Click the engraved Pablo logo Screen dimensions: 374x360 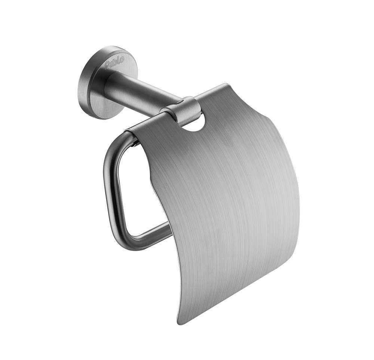pyautogui.click(x=114, y=62)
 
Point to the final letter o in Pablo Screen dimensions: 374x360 pyautogui.click(x=122, y=59)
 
